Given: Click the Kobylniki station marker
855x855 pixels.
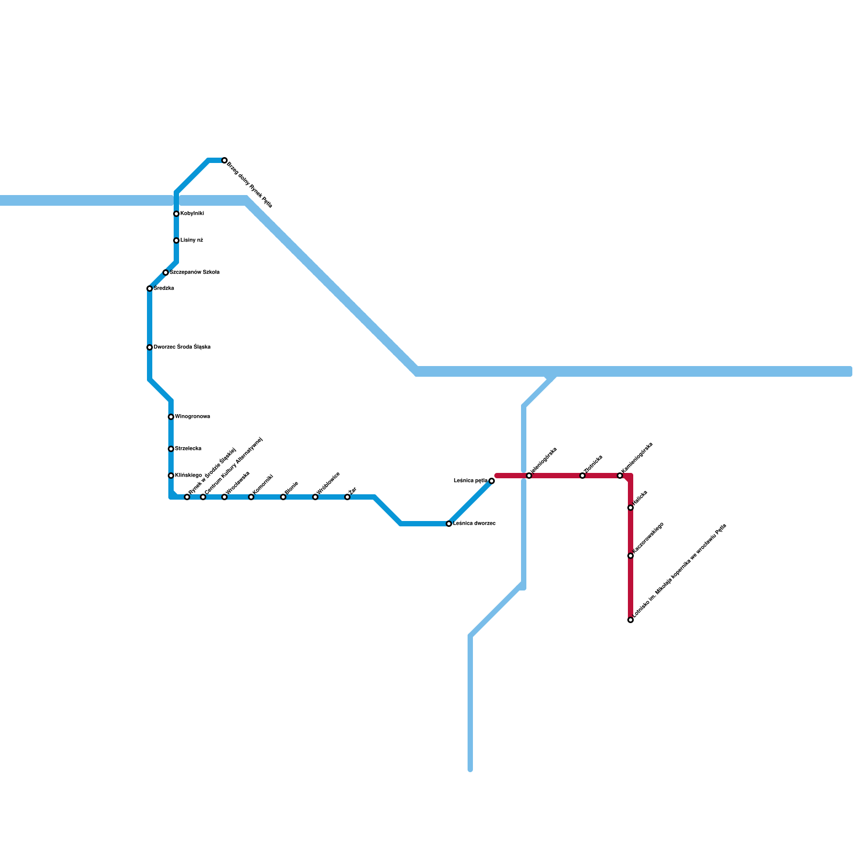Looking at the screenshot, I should [x=176, y=214].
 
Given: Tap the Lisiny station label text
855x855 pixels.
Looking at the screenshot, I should [x=191, y=240].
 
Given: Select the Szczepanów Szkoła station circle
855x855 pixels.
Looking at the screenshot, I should [x=166, y=273].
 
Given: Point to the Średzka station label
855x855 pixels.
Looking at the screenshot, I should [x=164, y=289].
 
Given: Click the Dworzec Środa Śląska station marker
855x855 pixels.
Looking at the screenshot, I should [x=150, y=347].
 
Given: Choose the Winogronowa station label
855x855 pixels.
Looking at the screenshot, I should [x=192, y=417].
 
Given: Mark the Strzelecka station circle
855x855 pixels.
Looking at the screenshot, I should [x=171, y=449].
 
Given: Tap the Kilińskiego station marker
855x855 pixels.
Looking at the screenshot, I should [x=171, y=476].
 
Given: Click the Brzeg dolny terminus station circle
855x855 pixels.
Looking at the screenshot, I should [x=224, y=160].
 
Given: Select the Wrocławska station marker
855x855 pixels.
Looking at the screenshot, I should [x=224, y=497].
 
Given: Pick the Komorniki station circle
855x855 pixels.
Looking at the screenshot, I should [x=251, y=497].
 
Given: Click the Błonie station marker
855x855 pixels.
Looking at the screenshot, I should [x=283, y=497].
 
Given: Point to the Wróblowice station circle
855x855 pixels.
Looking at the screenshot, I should [x=315, y=497].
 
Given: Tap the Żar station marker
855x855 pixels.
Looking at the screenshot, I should [x=347, y=497].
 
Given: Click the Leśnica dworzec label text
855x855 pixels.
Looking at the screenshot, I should [x=474, y=524].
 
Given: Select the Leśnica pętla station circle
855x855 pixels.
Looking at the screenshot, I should [x=492, y=481].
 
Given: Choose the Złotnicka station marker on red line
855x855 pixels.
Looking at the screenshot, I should [x=582, y=476].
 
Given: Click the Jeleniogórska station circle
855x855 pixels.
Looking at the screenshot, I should [x=529, y=476].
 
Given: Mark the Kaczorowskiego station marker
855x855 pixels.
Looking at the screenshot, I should [x=631, y=556].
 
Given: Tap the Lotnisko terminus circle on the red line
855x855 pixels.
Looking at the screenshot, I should [x=631, y=620].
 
